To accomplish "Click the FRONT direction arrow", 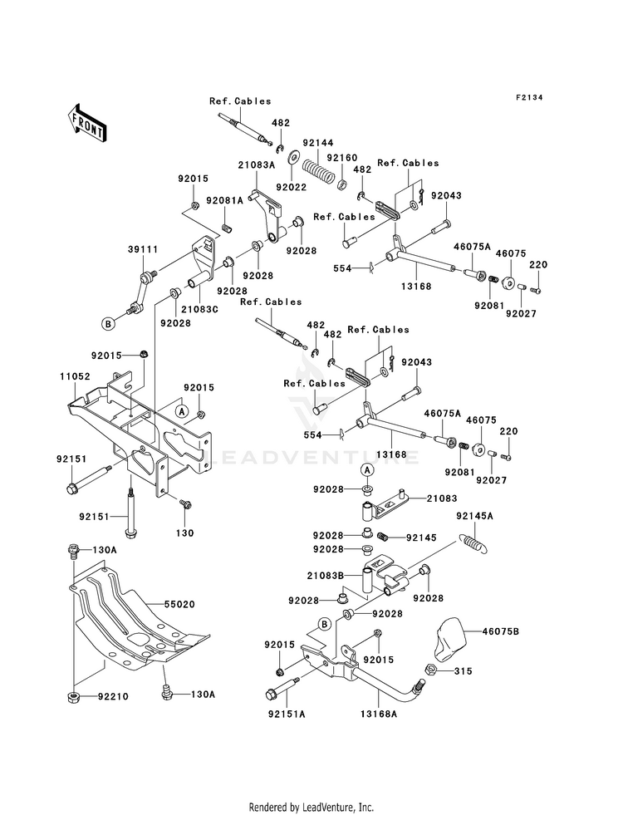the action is (86, 123).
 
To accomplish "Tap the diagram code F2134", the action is (529, 97).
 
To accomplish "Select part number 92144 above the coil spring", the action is (318, 142).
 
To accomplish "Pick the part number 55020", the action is (179, 605).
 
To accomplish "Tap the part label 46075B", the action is (500, 631).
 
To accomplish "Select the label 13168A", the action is (378, 714).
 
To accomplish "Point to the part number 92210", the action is (113, 696).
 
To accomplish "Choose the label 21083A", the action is (257, 164).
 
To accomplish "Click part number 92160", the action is (342, 158).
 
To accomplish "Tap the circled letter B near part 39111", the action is (107, 324).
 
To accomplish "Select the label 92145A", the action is (475, 516).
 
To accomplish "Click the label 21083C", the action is (199, 309).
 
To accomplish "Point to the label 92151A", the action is (287, 714).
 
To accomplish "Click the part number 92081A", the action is (225, 200).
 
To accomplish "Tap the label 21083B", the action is (326, 576).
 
